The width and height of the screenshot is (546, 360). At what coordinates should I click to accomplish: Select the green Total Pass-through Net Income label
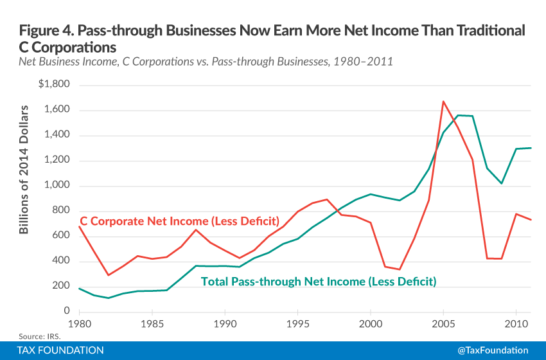click(319, 281)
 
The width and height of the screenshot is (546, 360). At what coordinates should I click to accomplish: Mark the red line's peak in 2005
click(443, 101)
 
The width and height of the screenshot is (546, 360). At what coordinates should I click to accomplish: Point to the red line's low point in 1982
click(109, 275)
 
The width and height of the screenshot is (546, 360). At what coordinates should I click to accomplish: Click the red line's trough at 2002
click(400, 269)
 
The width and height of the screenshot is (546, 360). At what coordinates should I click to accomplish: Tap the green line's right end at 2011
click(531, 148)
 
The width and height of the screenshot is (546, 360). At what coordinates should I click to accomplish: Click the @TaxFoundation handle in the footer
click(493, 350)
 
